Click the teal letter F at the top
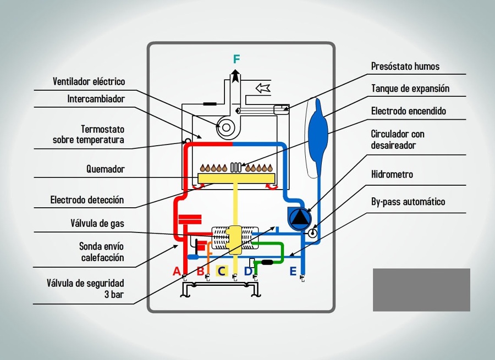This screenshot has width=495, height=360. tap(236, 59)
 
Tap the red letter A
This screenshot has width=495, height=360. tap(177, 271)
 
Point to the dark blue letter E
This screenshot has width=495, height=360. tap(293, 271)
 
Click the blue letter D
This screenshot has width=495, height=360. tap(248, 271)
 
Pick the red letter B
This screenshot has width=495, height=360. tap(200, 271)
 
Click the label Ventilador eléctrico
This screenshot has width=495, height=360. tap(89, 82)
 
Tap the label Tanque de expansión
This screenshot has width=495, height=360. tap(410, 88)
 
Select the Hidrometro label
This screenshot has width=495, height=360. tap(392, 175)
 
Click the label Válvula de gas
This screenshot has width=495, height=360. tap(97, 224)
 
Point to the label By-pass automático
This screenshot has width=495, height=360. tap(408, 202)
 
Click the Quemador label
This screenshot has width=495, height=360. tap(105, 169)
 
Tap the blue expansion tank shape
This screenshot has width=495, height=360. tap(318, 132)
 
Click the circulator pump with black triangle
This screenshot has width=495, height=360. tap(300, 219)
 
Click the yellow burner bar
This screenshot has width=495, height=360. tap(236, 179)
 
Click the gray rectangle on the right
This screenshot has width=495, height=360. tap(421, 290)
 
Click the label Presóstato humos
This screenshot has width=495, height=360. tap(405, 67)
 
